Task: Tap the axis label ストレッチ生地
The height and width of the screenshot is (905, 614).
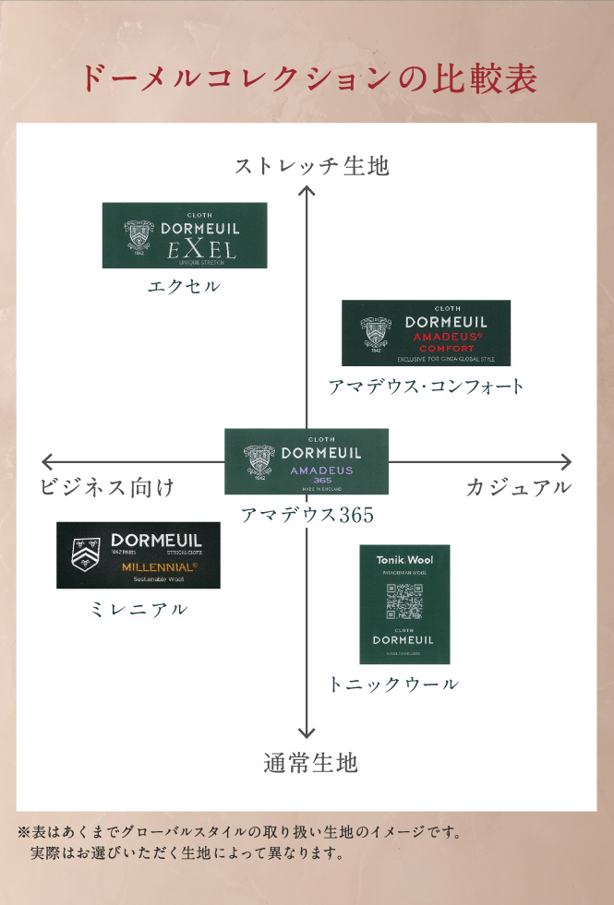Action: point(311,166)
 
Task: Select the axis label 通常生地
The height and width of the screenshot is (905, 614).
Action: point(310,763)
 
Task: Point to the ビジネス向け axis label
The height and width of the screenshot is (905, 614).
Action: point(107,487)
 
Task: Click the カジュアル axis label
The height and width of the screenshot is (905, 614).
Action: point(518,487)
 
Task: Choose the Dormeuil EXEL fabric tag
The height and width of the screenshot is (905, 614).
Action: point(185,235)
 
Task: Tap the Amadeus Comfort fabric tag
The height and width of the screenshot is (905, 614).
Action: point(426,333)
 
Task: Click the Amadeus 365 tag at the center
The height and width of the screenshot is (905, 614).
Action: point(307,461)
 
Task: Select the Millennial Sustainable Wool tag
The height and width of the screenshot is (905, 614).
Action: point(138,555)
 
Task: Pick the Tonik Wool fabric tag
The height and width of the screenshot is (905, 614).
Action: point(404,604)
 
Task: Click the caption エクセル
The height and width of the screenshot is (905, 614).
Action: point(185,286)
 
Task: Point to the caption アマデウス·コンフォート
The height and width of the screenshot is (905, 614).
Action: point(426,387)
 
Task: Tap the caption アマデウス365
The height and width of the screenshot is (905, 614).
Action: point(307,515)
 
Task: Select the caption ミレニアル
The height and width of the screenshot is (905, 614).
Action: point(139,609)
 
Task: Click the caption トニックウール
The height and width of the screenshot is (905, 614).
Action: point(393,685)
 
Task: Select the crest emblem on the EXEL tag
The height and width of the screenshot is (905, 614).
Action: point(140,235)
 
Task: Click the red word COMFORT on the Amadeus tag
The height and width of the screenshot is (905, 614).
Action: point(446,349)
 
